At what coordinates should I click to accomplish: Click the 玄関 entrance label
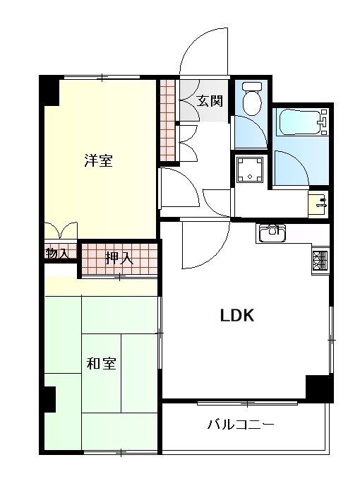coord(209,100)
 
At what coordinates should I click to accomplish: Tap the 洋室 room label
coord(99,160)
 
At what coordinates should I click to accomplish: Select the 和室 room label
coord(102,363)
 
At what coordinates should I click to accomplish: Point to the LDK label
coord(237,315)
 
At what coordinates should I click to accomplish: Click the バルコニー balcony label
coord(241,425)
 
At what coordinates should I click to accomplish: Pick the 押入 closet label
coord(119,259)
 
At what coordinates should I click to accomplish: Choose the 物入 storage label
coord(56,253)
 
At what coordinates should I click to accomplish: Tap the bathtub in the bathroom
coord(301,122)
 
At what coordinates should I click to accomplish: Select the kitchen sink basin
coord(272,233)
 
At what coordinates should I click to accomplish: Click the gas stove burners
coord(320,261)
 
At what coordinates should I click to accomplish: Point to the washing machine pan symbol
coord(250,169)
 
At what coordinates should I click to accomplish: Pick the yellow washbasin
coord(318,204)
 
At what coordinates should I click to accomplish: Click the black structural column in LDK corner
coord(319,389)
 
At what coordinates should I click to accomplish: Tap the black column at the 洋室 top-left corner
coord(49,90)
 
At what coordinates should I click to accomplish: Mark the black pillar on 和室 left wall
coord(49,399)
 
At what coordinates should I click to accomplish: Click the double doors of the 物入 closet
coord(61,230)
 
